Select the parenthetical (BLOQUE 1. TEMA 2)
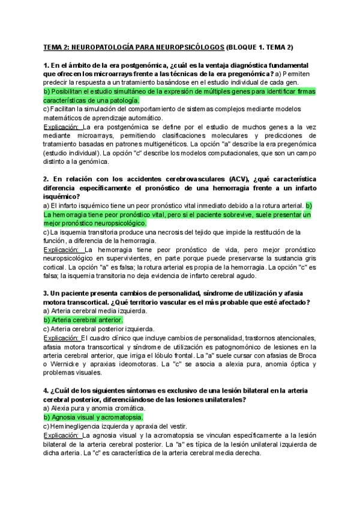coord(259,47)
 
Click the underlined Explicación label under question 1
coord(62,127)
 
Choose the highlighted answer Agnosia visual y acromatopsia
coord(93,417)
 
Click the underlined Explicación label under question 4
coord(62,435)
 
